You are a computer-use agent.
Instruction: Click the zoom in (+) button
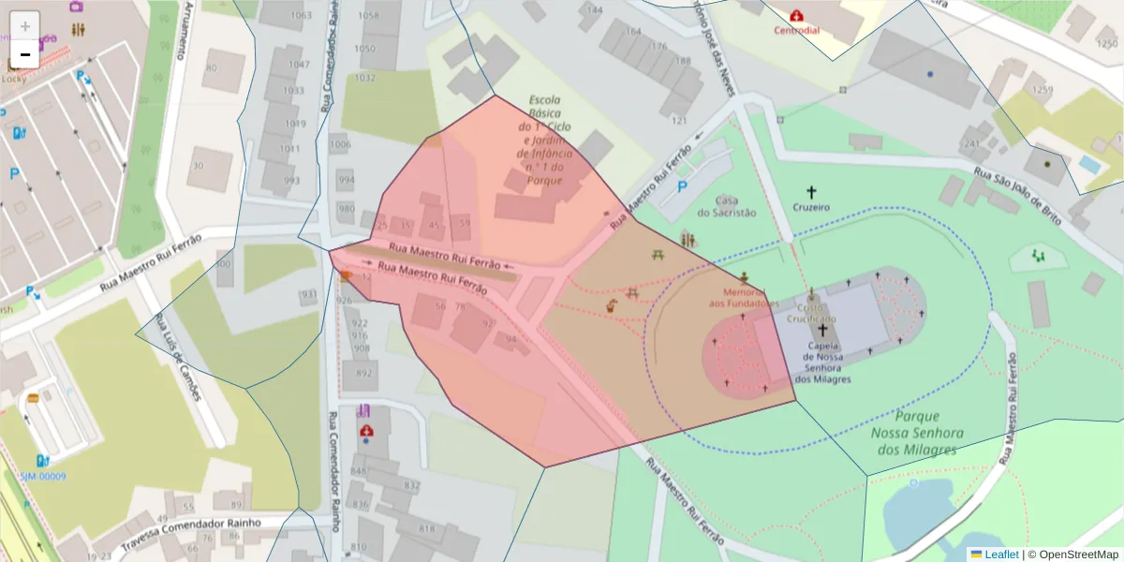pyautogui.click(x=25, y=25)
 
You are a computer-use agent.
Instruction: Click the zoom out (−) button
pyautogui.click(x=25, y=54)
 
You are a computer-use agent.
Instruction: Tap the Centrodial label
pyautogui.click(x=796, y=30)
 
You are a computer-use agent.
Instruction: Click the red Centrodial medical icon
pyautogui.click(x=796, y=16)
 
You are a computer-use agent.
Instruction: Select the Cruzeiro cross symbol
pyautogui.click(x=811, y=192)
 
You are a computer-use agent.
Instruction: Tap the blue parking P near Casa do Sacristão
pyautogui.click(x=682, y=187)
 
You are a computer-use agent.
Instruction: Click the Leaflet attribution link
pyautogui.click(x=1000, y=555)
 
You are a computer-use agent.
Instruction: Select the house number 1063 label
pyautogui.click(x=301, y=16)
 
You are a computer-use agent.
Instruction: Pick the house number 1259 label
pyautogui.click(x=1042, y=90)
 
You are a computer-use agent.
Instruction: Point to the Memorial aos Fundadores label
pyautogui.click(x=744, y=297)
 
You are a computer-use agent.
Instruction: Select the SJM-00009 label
pyautogui.click(x=43, y=476)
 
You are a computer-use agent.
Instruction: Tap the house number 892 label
pyautogui.click(x=362, y=372)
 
